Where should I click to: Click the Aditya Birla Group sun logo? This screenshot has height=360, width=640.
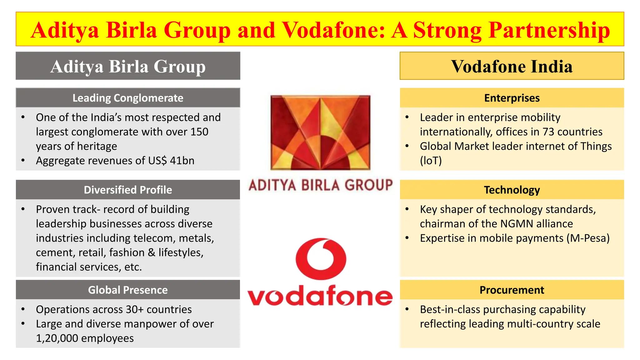click(320, 133)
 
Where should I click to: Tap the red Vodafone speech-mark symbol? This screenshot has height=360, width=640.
click(321, 259)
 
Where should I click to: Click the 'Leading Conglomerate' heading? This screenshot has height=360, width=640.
click(128, 98)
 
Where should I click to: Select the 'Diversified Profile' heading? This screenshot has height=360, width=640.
click(128, 190)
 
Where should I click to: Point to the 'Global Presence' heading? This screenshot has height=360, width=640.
click(128, 290)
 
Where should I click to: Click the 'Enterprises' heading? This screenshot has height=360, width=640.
click(512, 98)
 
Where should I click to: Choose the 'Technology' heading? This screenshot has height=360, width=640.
click(512, 190)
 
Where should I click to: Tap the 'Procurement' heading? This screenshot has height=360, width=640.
click(512, 290)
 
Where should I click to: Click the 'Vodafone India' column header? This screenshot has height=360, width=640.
click(512, 66)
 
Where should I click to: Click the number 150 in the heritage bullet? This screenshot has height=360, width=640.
click(199, 132)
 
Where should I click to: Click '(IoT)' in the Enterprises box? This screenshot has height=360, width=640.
click(431, 161)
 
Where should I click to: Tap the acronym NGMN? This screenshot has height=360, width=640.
click(517, 224)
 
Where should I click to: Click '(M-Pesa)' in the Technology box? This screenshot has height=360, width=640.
click(588, 238)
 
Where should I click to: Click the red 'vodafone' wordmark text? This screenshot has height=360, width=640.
click(320, 296)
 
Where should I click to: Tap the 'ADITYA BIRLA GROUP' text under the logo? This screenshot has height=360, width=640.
click(320, 185)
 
